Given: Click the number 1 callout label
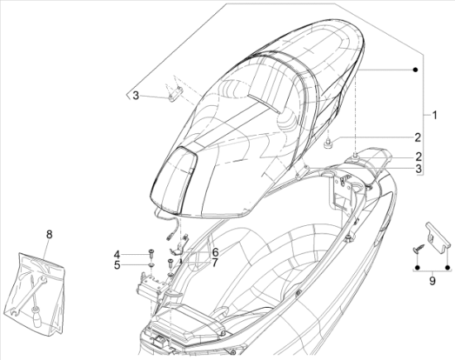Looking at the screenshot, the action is pyautogui.click(x=434, y=115).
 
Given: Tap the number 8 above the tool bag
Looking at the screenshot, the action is pyautogui.click(x=50, y=234).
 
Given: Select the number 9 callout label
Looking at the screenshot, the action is pyautogui.click(x=433, y=281).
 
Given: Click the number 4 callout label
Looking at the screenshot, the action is pyautogui.click(x=117, y=255).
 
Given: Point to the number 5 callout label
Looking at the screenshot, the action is pyautogui.click(x=117, y=265).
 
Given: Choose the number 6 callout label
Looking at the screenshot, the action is pyautogui.click(x=215, y=252).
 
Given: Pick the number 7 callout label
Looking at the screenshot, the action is pyautogui.click(x=214, y=263).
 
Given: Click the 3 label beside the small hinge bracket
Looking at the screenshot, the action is pyautogui.click(x=136, y=95).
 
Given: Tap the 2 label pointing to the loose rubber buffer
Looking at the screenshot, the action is pyautogui.click(x=418, y=137).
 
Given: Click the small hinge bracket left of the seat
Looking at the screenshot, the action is pyautogui.click(x=175, y=94).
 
